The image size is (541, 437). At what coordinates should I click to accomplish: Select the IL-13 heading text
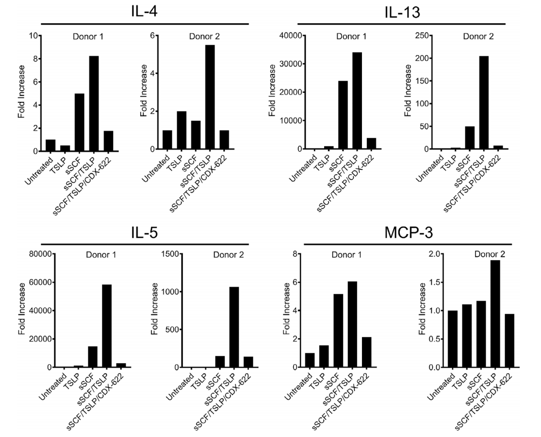coord(403,11)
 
